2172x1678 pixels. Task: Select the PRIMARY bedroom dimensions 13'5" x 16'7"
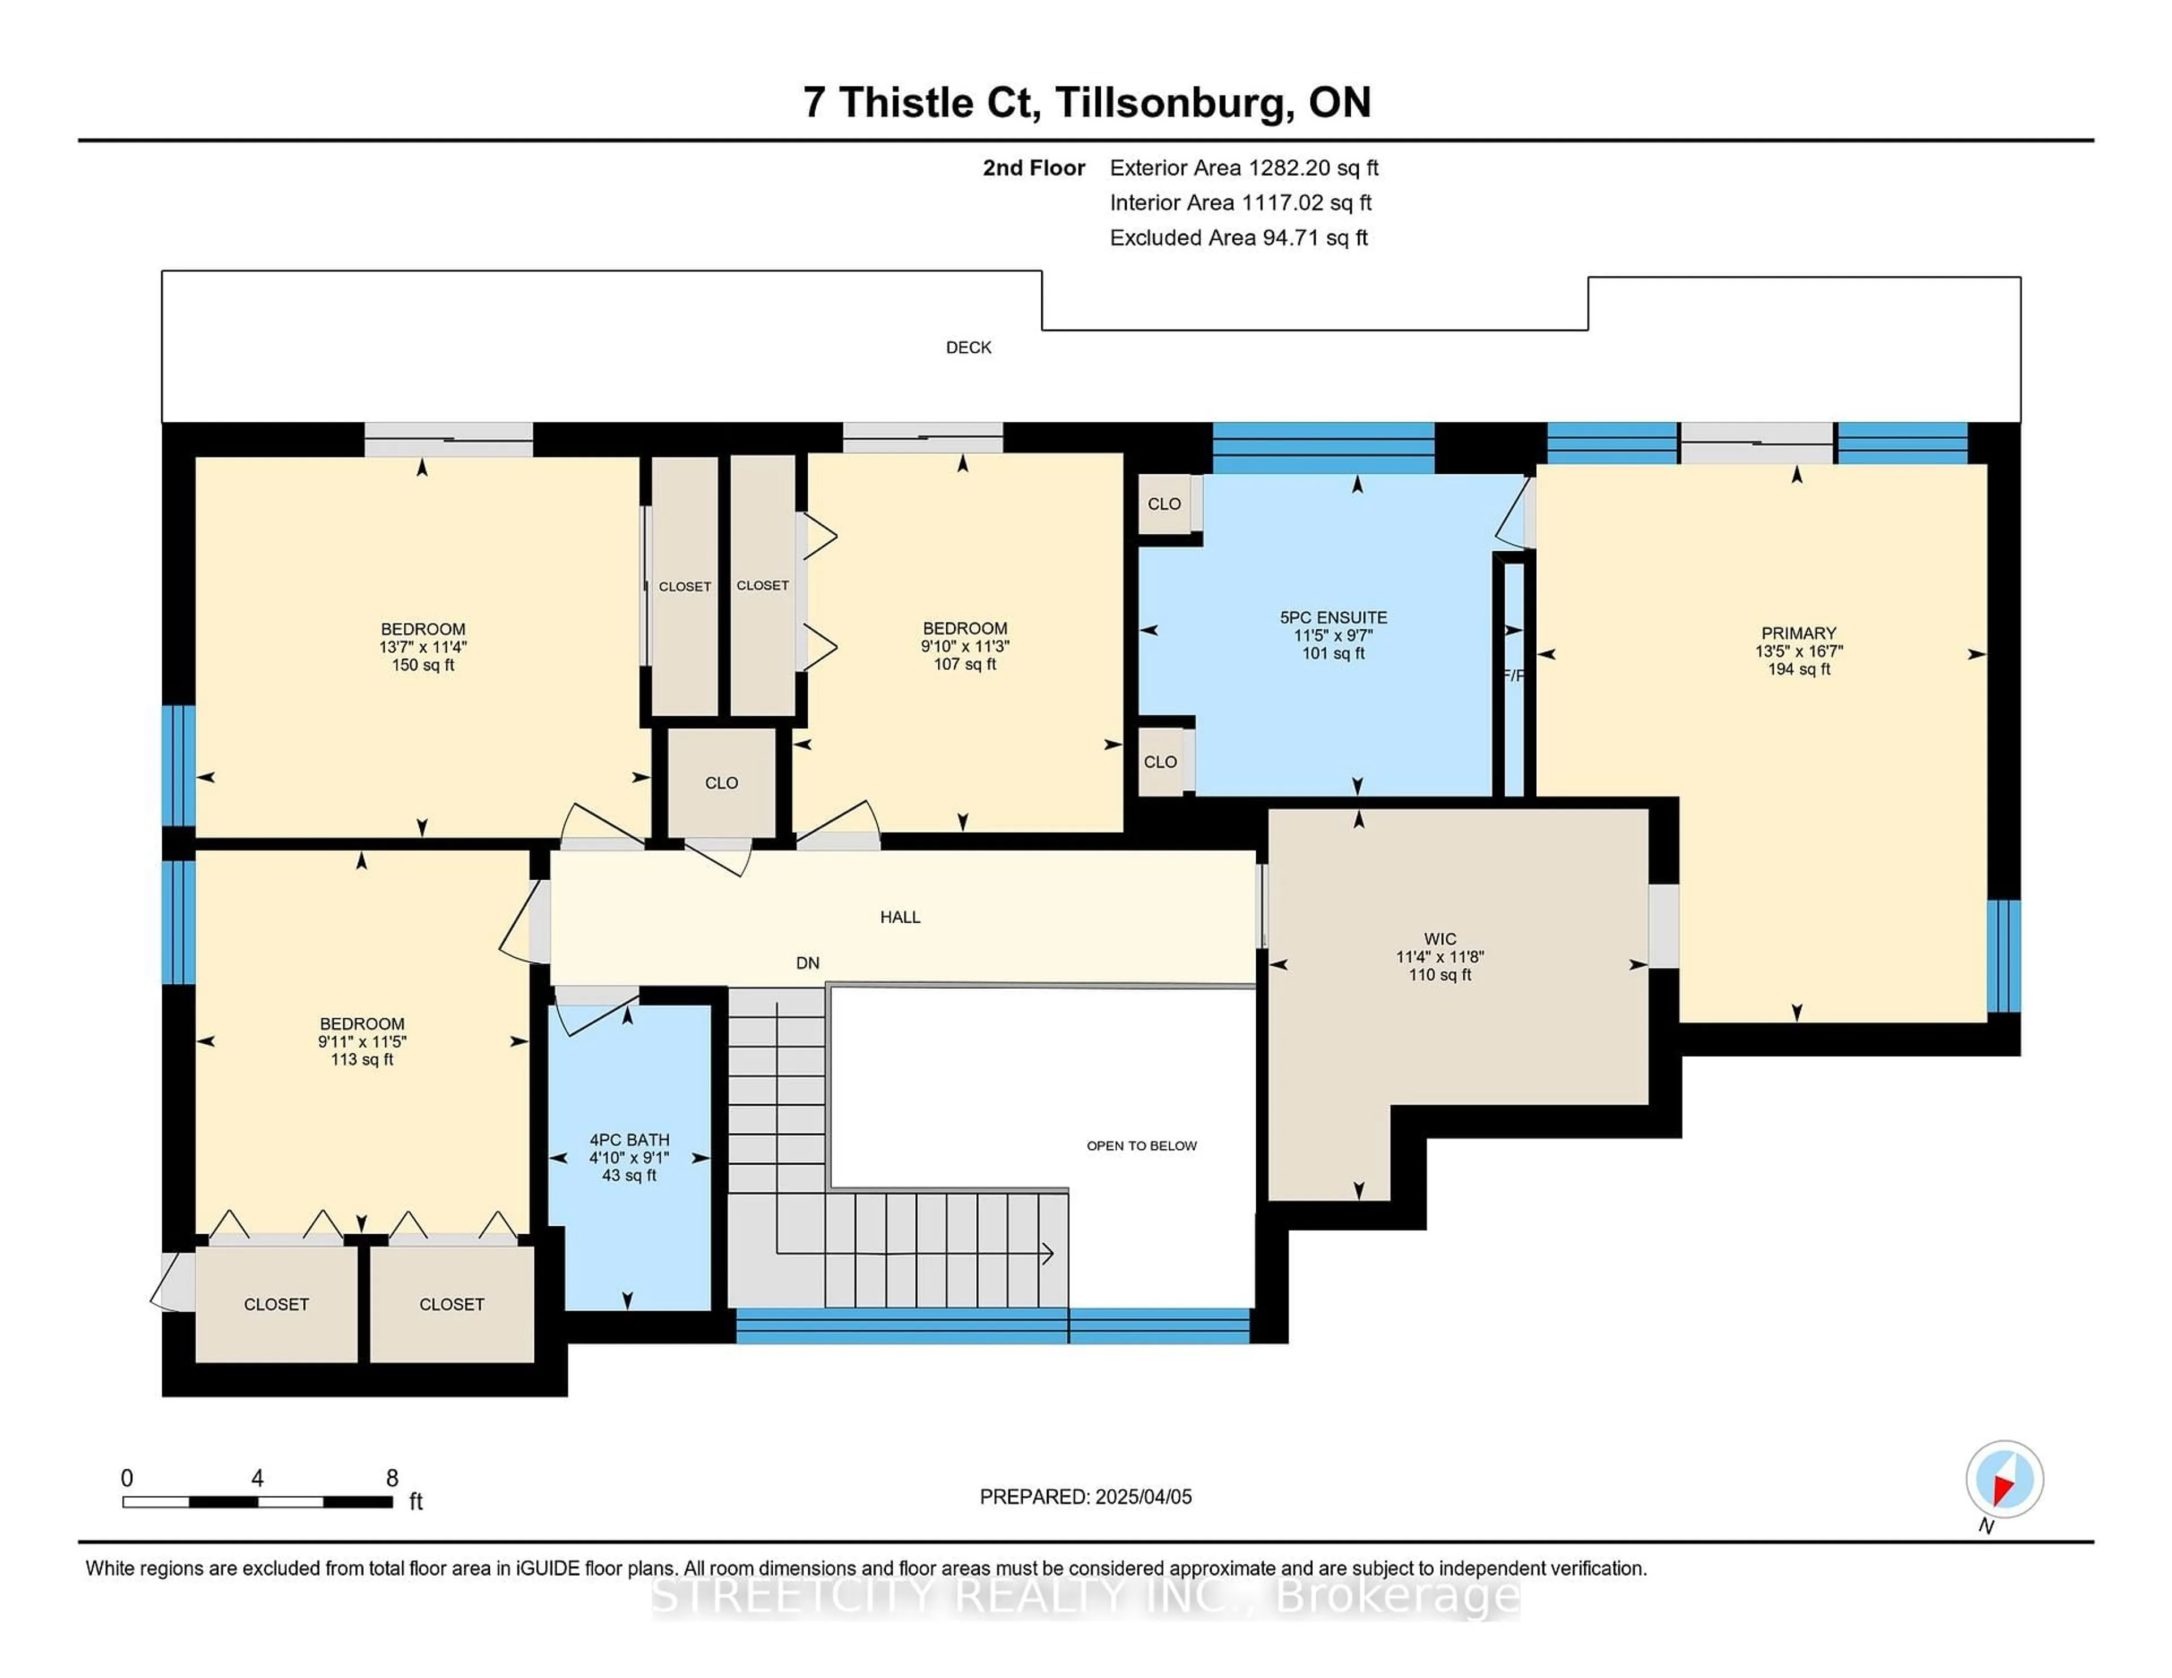1798,651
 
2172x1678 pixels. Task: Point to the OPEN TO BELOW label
1141,1146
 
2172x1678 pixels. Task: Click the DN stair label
808,962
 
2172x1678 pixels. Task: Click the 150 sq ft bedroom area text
423,665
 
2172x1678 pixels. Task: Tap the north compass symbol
2004,1479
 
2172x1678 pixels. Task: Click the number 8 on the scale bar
392,1478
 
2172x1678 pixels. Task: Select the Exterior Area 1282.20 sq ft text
1243,168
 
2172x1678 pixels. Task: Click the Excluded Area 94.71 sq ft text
1238,237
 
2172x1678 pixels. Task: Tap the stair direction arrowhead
1046,1253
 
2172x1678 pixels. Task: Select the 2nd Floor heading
1033,168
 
